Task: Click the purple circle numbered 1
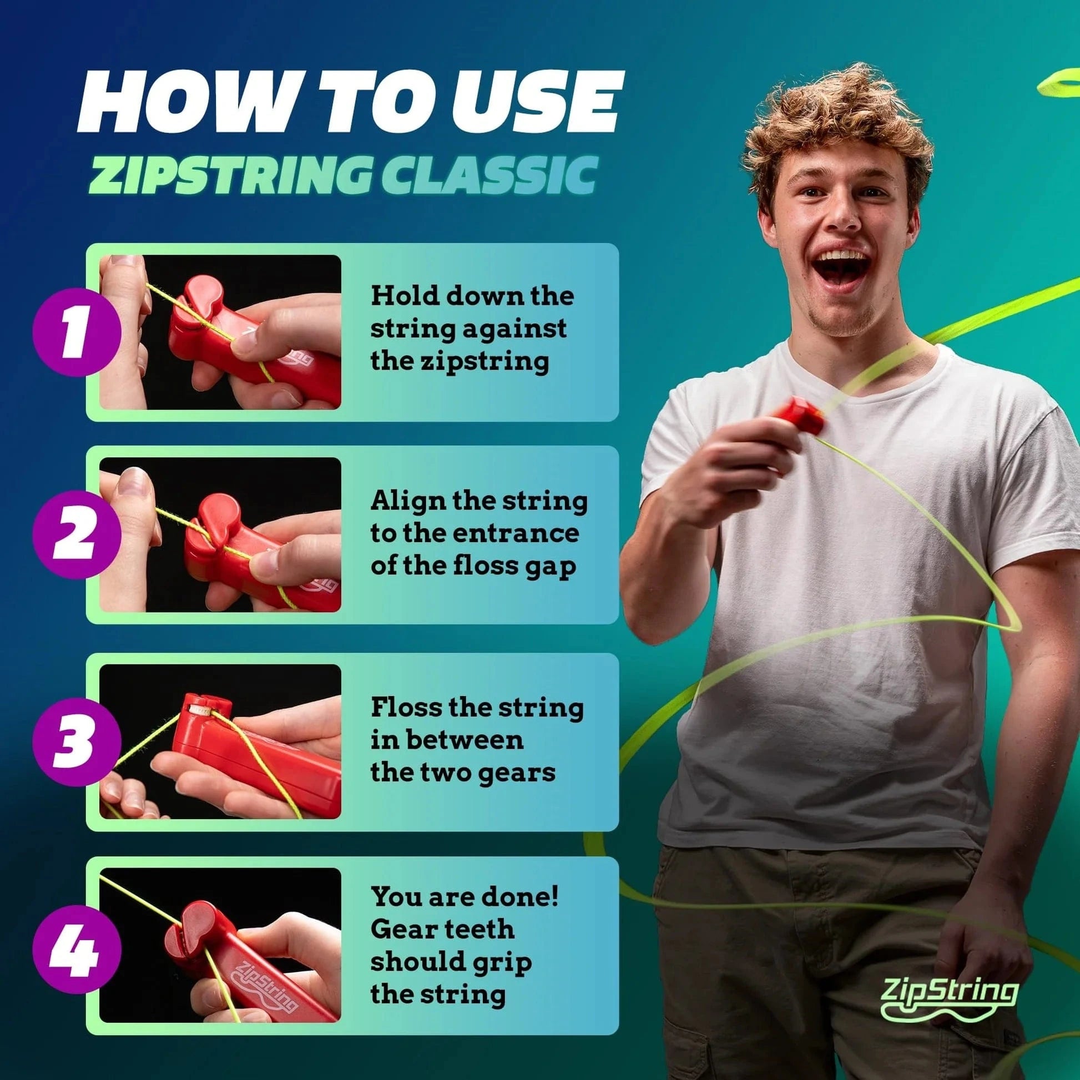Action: pyautogui.click(x=77, y=334)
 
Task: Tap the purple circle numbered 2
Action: pyautogui.click(x=77, y=537)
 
